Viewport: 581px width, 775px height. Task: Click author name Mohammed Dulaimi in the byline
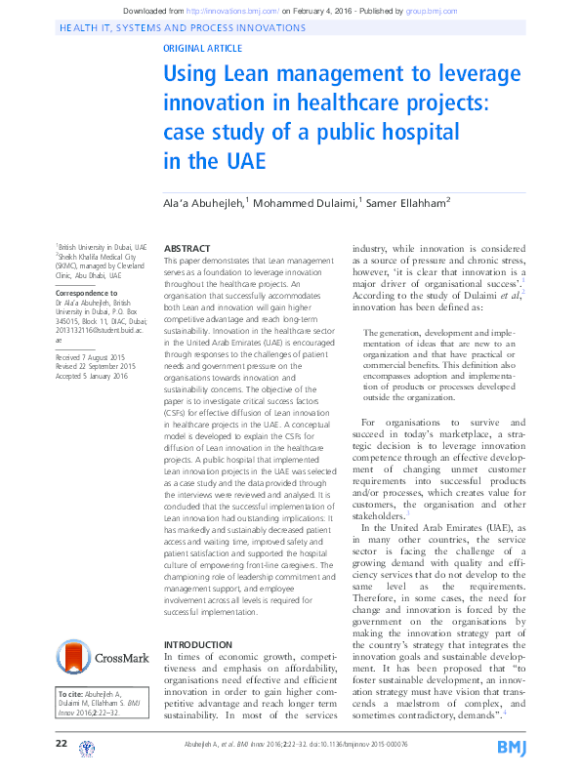[x=308, y=203]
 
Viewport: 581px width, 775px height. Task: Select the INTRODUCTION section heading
[x=197, y=645]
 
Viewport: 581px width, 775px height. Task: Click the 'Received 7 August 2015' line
[x=92, y=357]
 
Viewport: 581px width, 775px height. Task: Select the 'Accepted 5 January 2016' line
[x=92, y=375]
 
